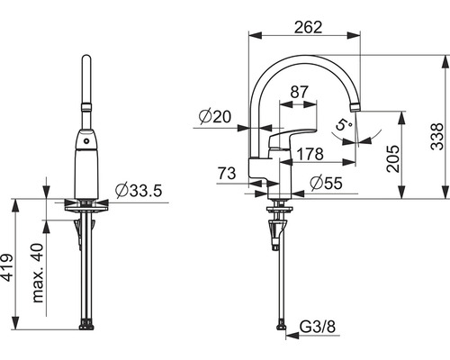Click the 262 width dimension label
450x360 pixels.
coord(308,27)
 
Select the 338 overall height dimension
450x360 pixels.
coord(436,136)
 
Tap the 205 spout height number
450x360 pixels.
coord(393,158)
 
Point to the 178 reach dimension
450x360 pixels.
coord(310,154)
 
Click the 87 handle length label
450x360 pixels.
coord(299,92)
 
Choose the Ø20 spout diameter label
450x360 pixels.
coord(215,116)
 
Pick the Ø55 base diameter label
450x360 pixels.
coord(326,183)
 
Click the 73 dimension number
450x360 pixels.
coord(227,174)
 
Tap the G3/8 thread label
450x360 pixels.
coord(318,327)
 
